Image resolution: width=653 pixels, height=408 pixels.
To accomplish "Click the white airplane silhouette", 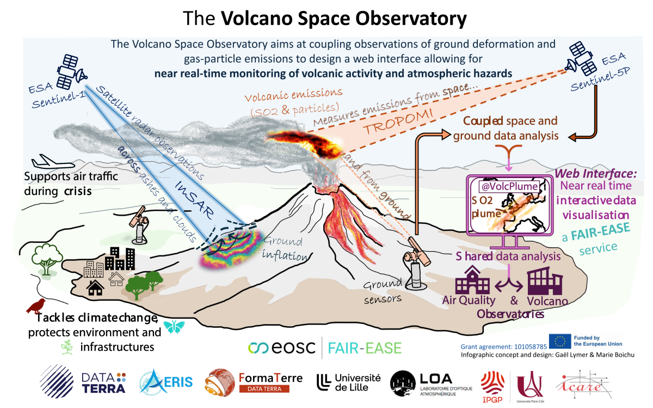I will tap(51, 162).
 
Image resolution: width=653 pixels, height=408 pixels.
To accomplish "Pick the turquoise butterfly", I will tap(174, 326).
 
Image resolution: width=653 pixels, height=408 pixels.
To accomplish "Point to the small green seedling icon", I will tap(67, 346).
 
